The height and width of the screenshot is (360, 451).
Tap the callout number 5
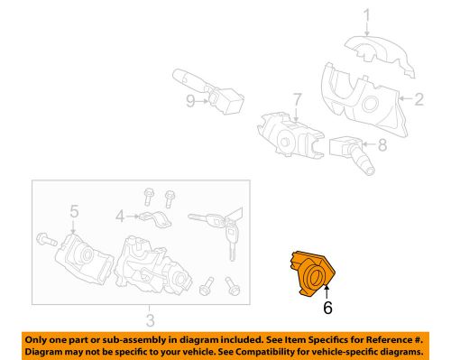[74, 213]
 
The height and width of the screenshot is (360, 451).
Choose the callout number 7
[295, 97]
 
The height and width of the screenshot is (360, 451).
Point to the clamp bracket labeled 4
[153, 217]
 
